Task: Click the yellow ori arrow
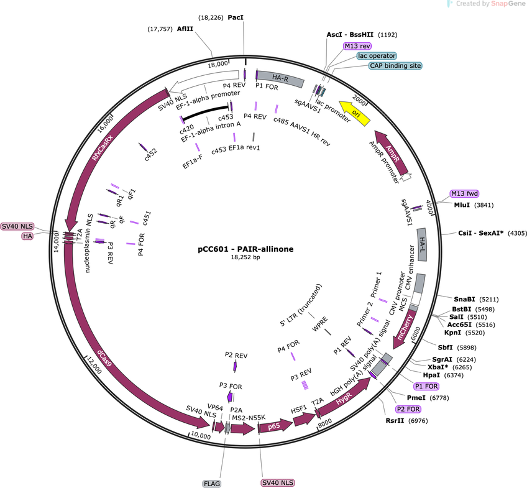point(355,114)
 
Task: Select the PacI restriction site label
point(236,17)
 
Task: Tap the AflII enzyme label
point(185,29)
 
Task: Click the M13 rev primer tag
point(357,46)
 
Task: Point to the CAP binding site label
point(395,65)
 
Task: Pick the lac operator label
point(377,56)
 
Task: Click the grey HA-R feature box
point(280,79)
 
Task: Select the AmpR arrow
point(392,153)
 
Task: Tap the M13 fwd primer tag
point(464,193)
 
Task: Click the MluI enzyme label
point(462,205)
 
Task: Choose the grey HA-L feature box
point(422,245)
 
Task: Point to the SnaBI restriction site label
point(464,299)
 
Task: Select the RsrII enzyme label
point(395,420)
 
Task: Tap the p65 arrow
point(275,426)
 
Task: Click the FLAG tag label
point(212,484)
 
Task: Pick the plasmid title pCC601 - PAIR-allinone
point(245,249)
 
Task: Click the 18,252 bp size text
point(245,257)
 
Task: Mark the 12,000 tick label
point(94,366)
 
